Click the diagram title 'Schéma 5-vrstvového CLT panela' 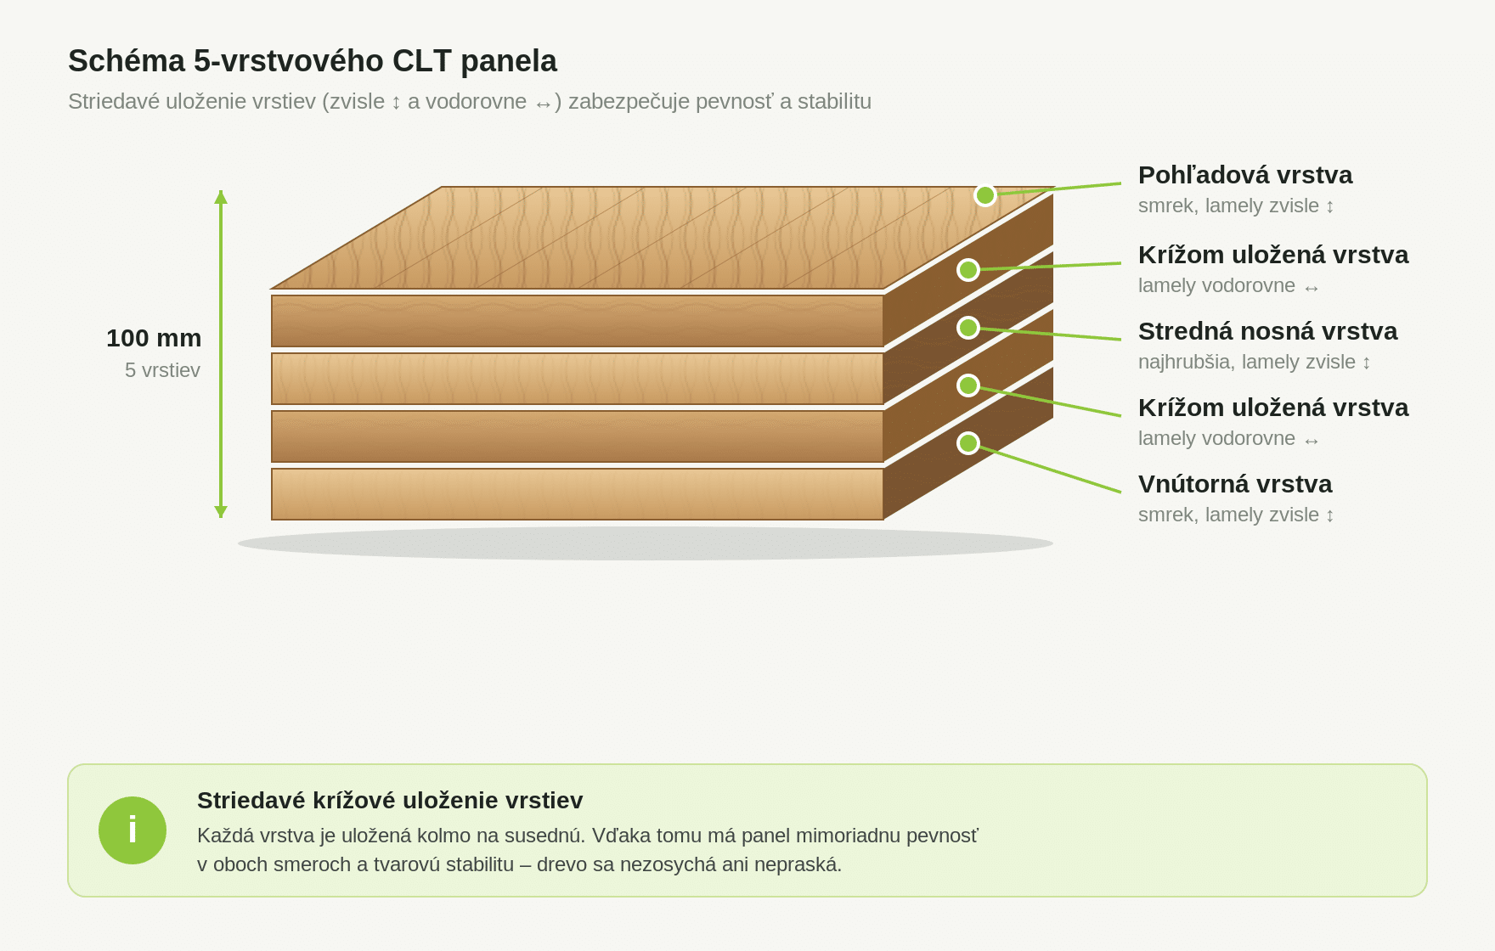(x=313, y=61)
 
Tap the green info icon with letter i (x=133, y=830)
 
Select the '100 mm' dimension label (x=154, y=338)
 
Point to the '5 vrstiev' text (x=162, y=370)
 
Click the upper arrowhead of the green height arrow (x=221, y=197)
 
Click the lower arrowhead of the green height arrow (x=221, y=511)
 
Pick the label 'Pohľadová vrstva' (x=1245, y=175)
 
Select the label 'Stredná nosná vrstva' (x=1267, y=331)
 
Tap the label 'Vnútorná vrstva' (x=1235, y=484)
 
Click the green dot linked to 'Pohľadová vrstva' (x=985, y=195)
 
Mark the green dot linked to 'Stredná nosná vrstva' (x=968, y=328)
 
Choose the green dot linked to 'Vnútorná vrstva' (x=968, y=443)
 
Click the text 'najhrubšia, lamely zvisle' (x=1247, y=363)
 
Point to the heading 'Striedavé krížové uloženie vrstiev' (x=390, y=801)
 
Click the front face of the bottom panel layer (x=578, y=494)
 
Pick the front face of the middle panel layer (x=578, y=379)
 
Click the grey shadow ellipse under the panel (x=646, y=543)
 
